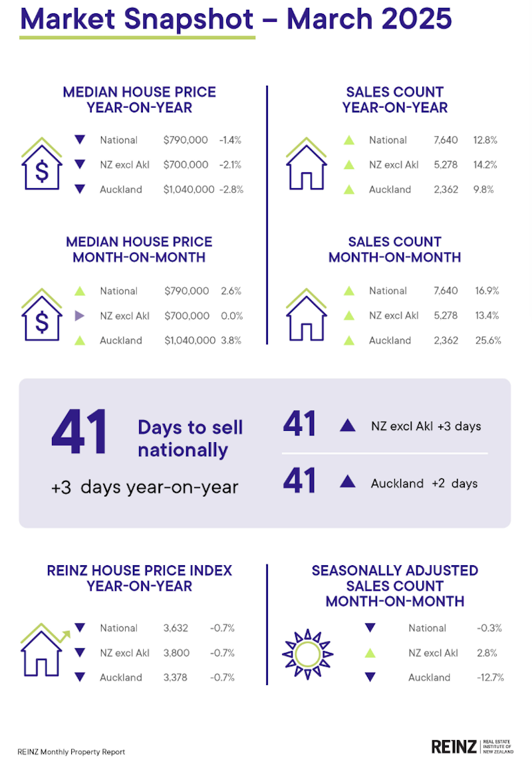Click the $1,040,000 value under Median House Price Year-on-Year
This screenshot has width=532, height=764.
[190, 190]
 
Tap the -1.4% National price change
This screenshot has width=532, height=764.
[230, 140]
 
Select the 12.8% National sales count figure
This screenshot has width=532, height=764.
[485, 140]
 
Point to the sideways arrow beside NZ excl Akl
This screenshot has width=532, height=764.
[80, 316]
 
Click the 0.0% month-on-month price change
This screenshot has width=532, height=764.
[231, 316]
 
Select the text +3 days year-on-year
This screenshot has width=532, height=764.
[144, 487]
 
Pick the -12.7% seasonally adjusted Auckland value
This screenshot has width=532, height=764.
[490, 678]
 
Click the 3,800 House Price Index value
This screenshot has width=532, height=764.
[177, 653]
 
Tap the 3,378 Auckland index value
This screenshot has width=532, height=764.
[177, 678]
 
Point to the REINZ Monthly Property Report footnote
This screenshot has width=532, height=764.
[71, 752]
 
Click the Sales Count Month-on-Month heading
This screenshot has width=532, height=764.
[394, 249]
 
